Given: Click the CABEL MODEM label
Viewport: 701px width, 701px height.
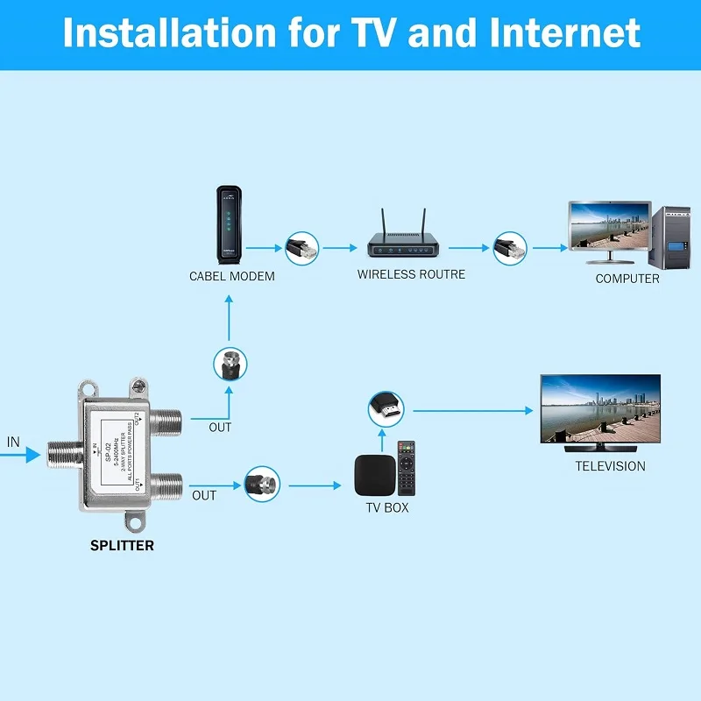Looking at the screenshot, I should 232,277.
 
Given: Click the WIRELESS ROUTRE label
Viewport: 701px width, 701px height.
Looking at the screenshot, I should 411,274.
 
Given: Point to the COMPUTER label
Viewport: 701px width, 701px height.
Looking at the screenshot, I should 627,279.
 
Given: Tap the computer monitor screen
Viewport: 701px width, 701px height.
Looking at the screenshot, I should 610,228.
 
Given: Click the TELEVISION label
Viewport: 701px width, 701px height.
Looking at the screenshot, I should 610,466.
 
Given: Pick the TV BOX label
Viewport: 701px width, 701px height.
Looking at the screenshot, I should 387,507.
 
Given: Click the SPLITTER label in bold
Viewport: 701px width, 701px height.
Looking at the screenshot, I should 122,545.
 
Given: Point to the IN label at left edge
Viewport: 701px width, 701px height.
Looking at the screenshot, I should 13,443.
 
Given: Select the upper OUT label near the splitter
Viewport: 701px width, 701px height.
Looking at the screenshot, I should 220,428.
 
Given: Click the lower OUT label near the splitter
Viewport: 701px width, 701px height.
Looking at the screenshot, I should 204,495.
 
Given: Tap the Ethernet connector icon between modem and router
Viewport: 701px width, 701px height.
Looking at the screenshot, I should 302,248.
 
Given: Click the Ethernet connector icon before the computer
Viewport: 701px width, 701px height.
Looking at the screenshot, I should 509,248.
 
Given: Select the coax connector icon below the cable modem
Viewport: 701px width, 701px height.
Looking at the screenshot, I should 230,364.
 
